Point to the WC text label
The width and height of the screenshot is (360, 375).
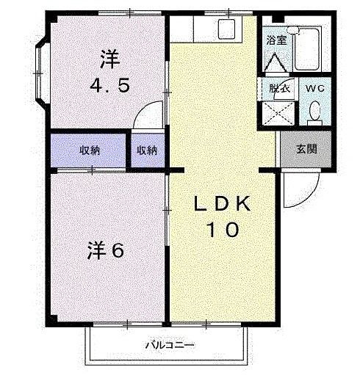point(314,88)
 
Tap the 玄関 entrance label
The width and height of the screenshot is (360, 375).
point(307,150)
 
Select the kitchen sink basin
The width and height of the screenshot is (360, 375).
point(227,30)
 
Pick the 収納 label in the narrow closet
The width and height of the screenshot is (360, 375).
point(146,150)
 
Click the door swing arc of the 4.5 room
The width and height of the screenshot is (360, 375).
point(150,115)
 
